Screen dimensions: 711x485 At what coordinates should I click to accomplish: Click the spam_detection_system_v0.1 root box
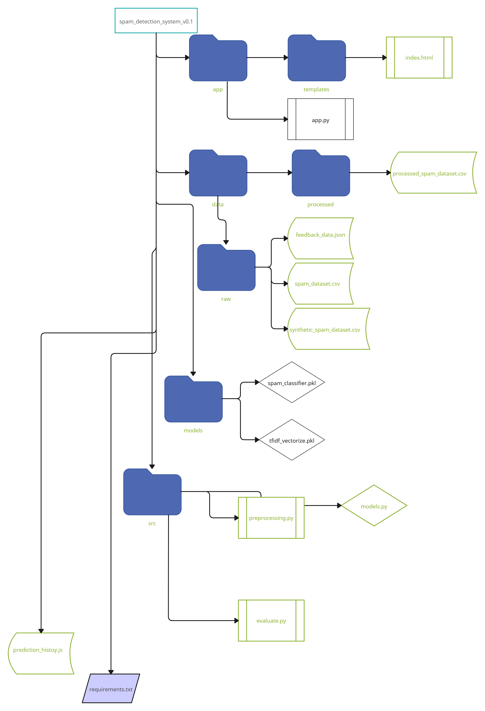click(x=156, y=21)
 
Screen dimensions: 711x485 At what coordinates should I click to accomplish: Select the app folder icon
click(x=218, y=58)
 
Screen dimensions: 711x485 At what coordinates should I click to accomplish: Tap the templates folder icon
click(x=316, y=58)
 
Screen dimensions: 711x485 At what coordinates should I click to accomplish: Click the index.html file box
click(x=419, y=58)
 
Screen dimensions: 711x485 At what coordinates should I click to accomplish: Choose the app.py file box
click(x=320, y=119)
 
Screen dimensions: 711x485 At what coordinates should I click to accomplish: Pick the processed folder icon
click(x=320, y=173)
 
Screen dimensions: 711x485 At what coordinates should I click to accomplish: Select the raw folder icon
click(x=226, y=268)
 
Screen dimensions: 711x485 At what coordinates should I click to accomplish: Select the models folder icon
click(x=193, y=399)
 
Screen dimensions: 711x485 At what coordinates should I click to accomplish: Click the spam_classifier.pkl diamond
click(x=292, y=382)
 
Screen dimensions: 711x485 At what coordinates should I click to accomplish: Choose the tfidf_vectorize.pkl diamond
click(x=292, y=440)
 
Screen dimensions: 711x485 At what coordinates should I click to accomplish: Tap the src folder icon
click(x=152, y=492)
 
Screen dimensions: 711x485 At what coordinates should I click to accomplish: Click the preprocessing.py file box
click(x=271, y=518)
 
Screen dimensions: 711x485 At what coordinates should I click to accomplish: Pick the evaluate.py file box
click(x=271, y=620)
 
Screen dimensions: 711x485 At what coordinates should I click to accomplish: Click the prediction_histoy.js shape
click(x=41, y=653)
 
